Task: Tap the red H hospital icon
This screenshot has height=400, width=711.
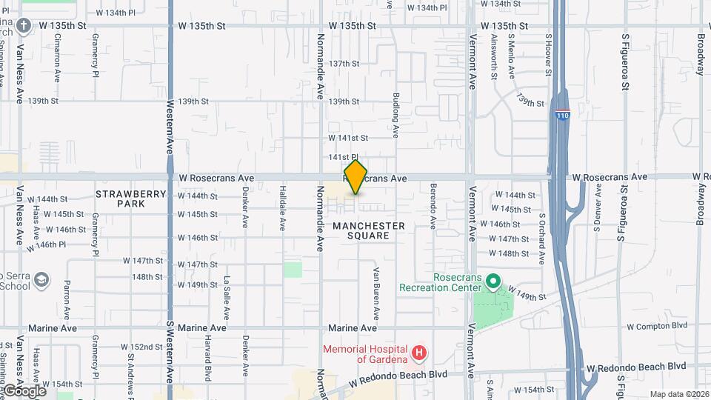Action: coord(418,353)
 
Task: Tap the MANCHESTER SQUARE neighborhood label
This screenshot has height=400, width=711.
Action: coord(369,230)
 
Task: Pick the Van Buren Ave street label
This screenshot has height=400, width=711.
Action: coord(376,288)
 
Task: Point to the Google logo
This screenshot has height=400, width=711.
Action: coord(24,390)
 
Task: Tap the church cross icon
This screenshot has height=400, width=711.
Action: coord(24,27)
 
